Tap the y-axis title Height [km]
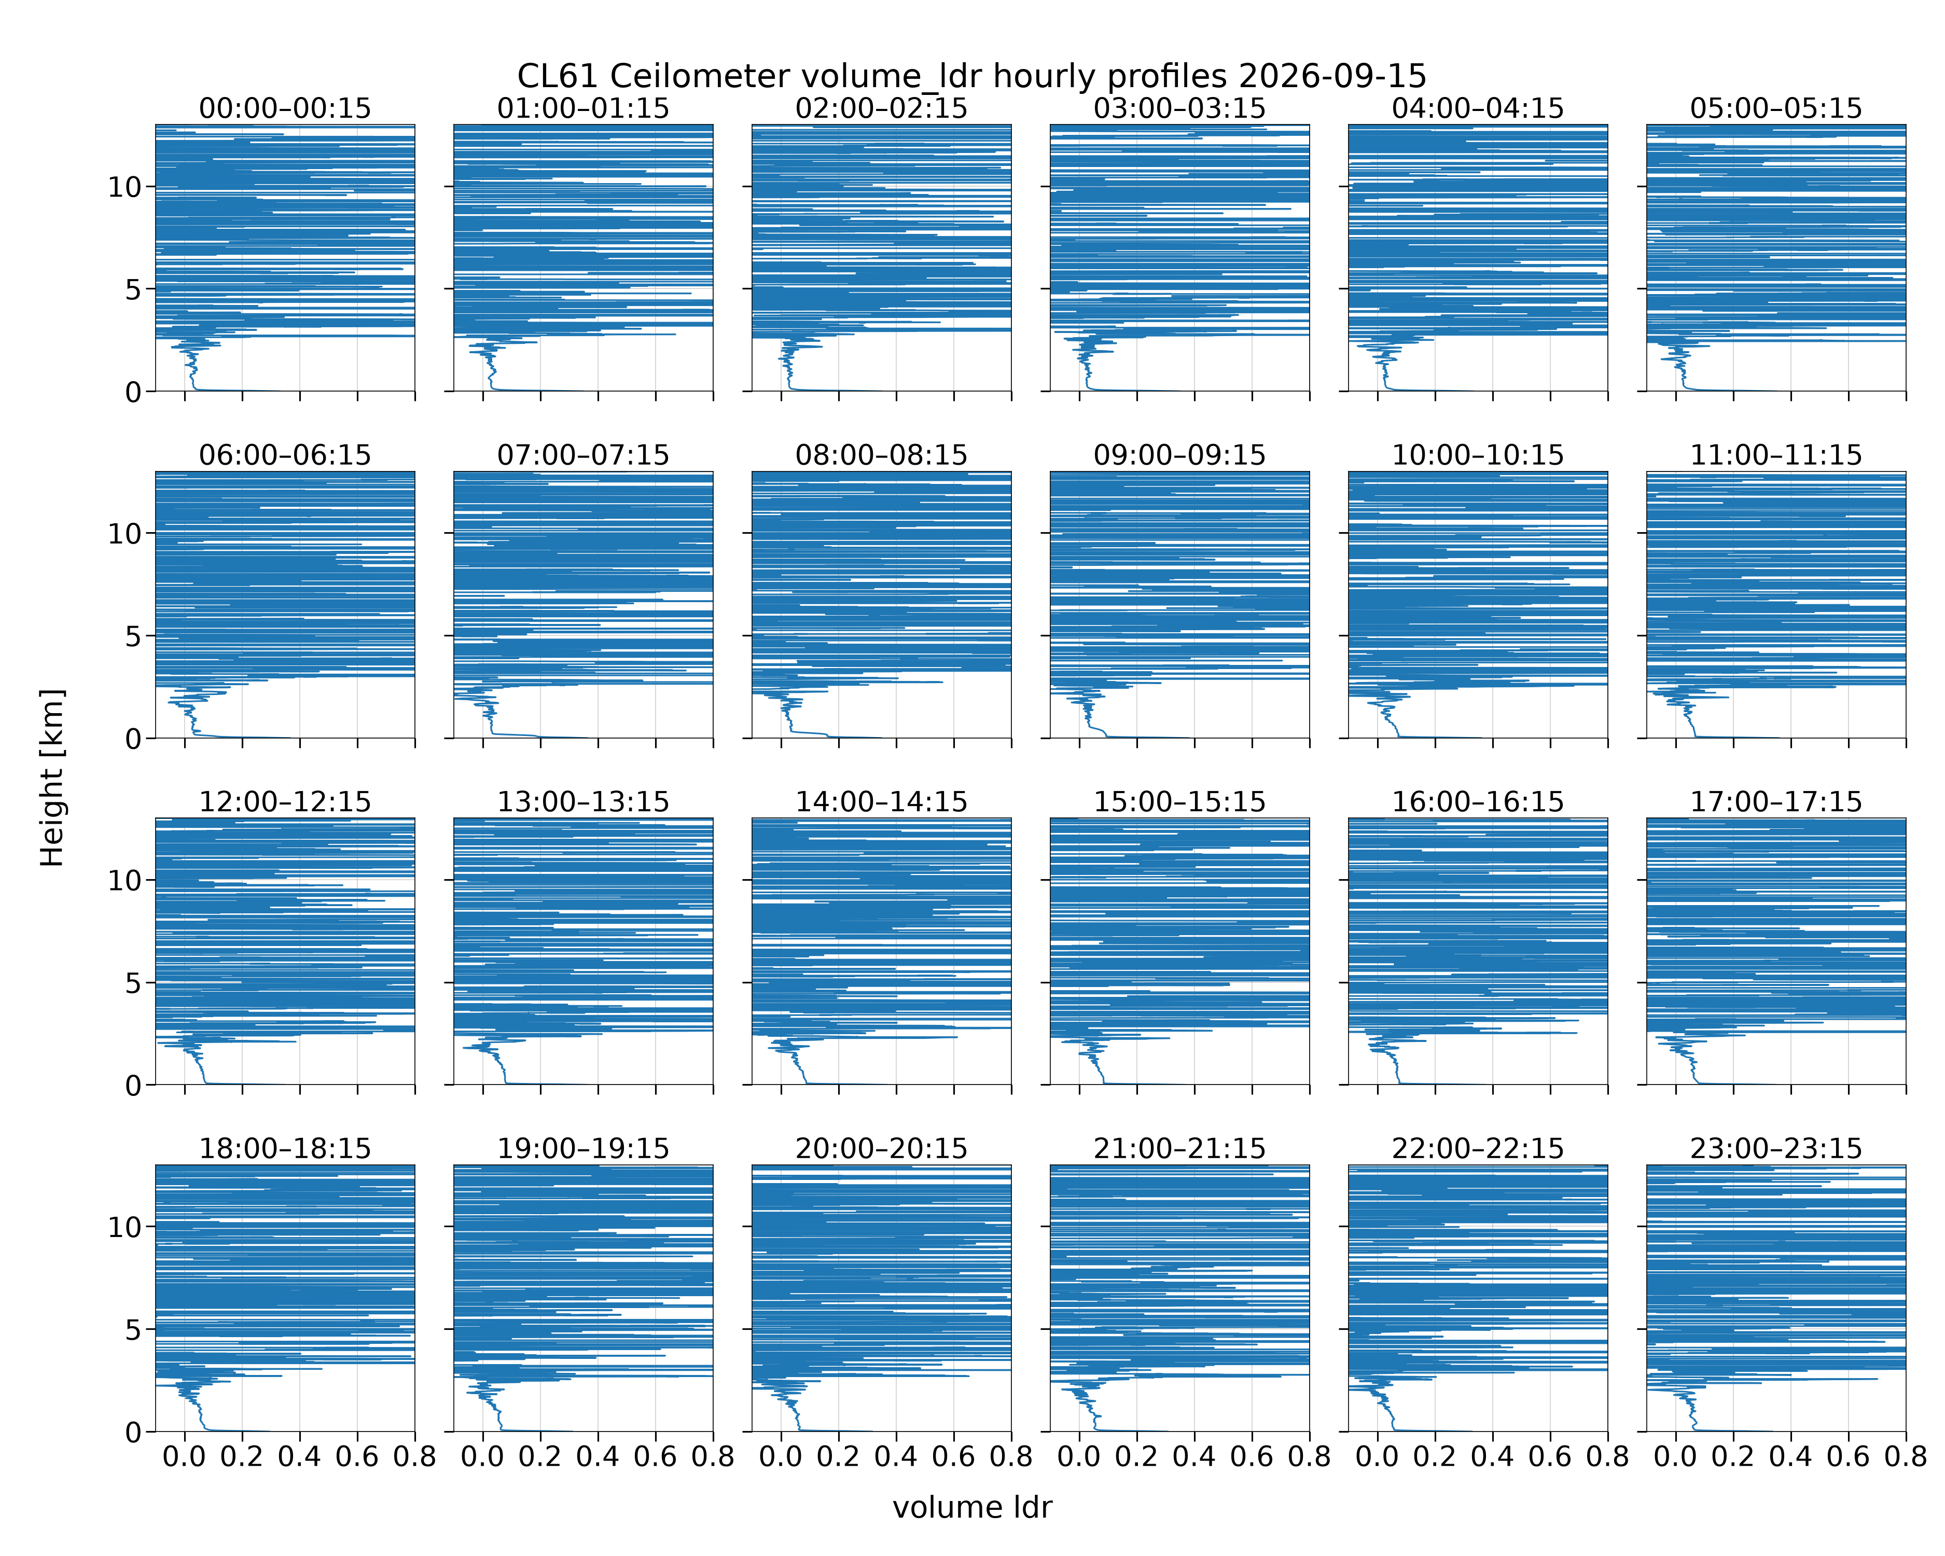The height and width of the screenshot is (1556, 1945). pyautogui.click(x=52, y=777)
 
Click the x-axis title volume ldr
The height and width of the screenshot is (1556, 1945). pyautogui.click(x=973, y=1507)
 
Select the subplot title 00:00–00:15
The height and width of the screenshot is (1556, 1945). pyautogui.click(x=285, y=108)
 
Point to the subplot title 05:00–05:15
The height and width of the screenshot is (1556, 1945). pyautogui.click(x=1776, y=108)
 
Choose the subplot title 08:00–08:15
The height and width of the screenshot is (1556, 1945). pyautogui.click(x=881, y=455)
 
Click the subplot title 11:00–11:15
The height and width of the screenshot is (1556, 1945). pyautogui.click(x=1776, y=455)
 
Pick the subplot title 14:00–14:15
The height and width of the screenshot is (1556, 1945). pyautogui.click(x=881, y=802)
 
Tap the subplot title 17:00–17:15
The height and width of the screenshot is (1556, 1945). pyautogui.click(x=1776, y=802)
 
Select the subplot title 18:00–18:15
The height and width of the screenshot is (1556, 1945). pyautogui.click(x=285, y=1148)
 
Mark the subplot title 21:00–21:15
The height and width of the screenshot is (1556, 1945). pyautogui.click(x=1180, y=1148)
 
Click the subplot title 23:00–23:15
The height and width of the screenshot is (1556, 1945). pyautogui.click(x=1776, y=1148)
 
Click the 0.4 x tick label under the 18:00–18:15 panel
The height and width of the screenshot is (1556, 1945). pyautogui.click(x=299, y=1457)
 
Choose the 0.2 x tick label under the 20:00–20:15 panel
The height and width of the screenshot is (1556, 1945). pyautogui.click(x=838, y=1457)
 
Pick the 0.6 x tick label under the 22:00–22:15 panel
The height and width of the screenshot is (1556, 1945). pyautogui.click(x=1550, y=1457)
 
